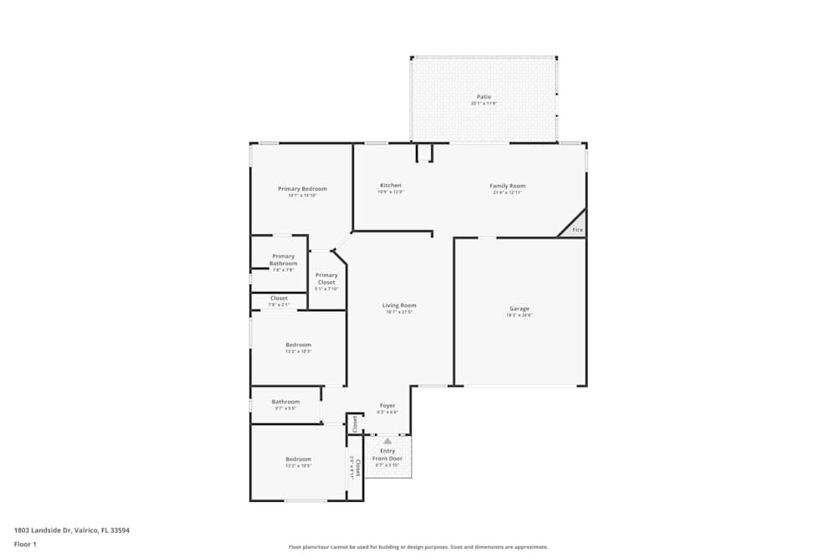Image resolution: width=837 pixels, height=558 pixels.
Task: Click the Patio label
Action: pyautogui.click(x=484, y=97)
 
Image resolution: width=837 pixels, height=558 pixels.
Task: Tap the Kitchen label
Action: pyautogui.click(x=391, y=186)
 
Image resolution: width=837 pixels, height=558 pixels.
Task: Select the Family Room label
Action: pyautogui.click(x=507, y=186)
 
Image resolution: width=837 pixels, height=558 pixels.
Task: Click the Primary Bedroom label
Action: pyautogui.click(x=302, y=189)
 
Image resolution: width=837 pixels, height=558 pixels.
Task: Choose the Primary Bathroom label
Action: pyautogui.click(x=283, y=260)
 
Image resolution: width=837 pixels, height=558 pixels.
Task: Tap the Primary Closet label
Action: pyautogui.click(x=326, y=279)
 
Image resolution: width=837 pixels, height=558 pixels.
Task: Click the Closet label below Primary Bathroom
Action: pyautogui.click(x=279, y=299)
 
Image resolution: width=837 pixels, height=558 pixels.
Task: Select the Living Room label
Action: pyautogui.click(x=399, y=305)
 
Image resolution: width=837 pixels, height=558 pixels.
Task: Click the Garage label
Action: pyautogui.click(x=519, y=308)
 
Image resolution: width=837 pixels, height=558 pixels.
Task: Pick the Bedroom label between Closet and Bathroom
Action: pyautogui.click(x=298, y=345)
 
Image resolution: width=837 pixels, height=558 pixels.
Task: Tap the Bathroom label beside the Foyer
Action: pyautogui.click(x=285, y=402)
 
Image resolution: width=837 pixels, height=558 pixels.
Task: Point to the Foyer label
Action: pyautogui.click(x=388, y=406)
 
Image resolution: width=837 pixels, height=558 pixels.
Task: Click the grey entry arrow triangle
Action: pyautogui.click(x=388, y=441)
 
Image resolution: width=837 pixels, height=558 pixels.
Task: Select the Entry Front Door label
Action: pyautogui.click(x=388, y=455)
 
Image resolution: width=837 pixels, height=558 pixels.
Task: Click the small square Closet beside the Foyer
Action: pyautogui.click(x=355, y=424)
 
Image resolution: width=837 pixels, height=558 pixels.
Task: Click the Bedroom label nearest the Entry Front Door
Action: pyautogui.click(x=298, y=459)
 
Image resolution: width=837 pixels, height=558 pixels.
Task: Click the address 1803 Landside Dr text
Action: pyautogui.click(x=71, y=530)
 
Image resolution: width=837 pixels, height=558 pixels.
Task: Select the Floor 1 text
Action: pyautogui.click(x=25, y=544)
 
